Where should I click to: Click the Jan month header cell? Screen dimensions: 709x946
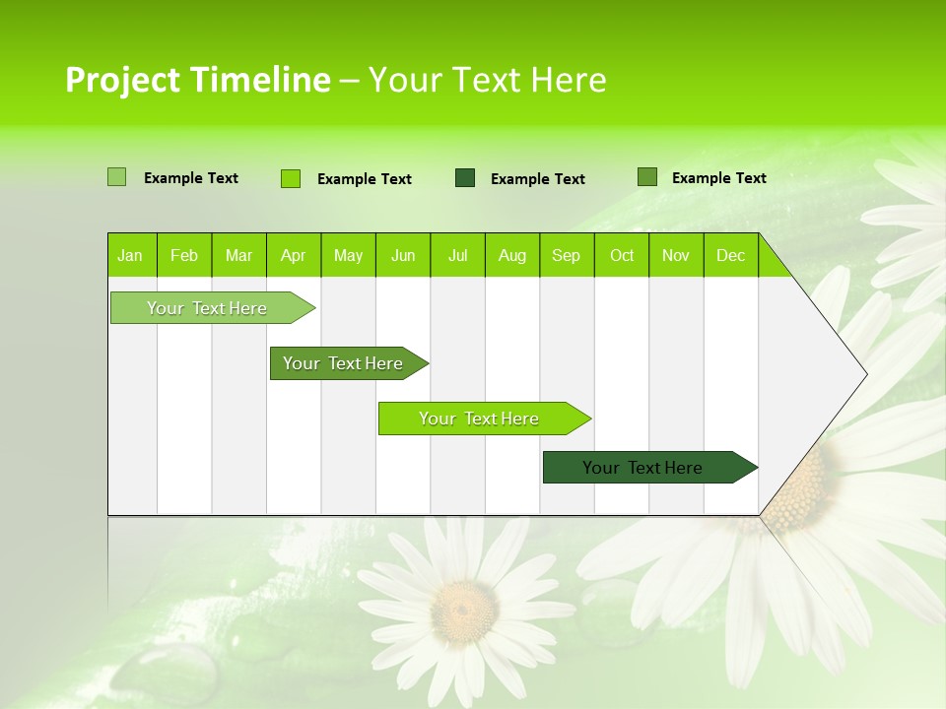click(x=131, y=255)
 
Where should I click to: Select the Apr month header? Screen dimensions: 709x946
click(x=294, y=255)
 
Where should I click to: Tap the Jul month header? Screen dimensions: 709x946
click(x=457, y=255)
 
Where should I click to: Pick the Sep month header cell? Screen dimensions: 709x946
click(x=567, y=255)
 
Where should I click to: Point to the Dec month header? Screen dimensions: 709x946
click(x=730, y=255)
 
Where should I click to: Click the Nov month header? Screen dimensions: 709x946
click(x=676, y=255)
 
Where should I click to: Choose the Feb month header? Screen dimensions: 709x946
click(x=184, y=255)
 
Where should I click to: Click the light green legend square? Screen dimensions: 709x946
click(x=116, y=177)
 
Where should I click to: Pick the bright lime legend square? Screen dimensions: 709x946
click(x=291, y=178)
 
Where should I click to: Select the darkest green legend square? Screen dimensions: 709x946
click(x=465, y=178)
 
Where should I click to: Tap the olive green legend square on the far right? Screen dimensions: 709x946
click(x=647, y=177)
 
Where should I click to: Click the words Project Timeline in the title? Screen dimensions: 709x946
click(x=197, y=80)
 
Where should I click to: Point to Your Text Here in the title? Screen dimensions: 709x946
click(x=487, y=80)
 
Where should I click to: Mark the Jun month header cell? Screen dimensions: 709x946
click(x=403, y=255)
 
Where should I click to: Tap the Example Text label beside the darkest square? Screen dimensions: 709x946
click(x=537, y=179)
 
